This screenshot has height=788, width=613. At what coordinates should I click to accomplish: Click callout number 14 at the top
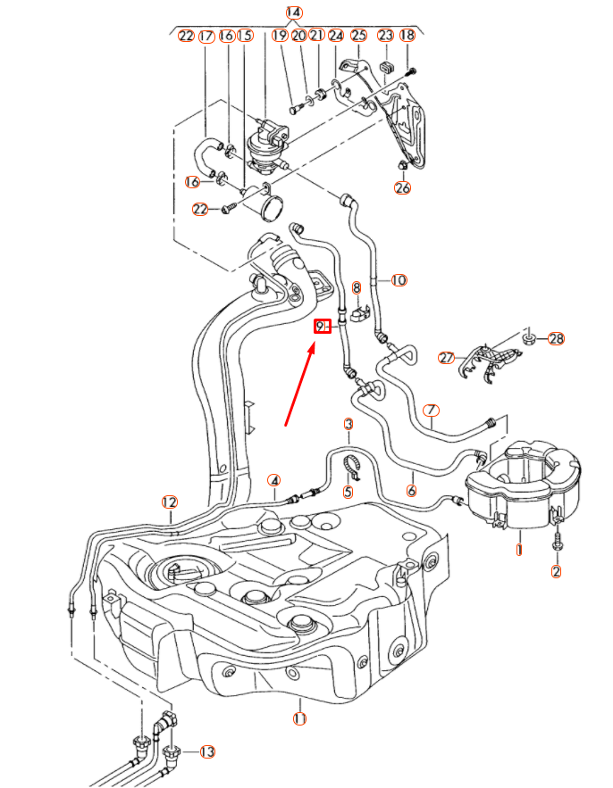coord(294,12)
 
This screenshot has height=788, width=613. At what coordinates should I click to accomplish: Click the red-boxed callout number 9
coord(322,327)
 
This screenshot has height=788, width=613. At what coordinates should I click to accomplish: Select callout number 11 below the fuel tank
coord(299,718)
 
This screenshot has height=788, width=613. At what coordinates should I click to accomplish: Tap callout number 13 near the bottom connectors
coord(207,751)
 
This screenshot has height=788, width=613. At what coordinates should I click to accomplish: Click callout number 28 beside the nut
coord(557,339)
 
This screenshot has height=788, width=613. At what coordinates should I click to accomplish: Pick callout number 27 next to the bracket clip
coord(447,358)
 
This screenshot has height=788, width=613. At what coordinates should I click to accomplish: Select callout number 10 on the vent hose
coord(398,280)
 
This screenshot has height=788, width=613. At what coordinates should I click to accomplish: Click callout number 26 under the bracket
coord(402,187)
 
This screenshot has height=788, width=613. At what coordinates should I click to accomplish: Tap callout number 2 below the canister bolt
coord(556,572)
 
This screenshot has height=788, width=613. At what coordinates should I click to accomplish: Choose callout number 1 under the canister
coord(518,550)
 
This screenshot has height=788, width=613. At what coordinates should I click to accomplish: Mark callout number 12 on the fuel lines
coord(170,502)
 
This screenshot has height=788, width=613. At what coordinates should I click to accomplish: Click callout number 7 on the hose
coord(431,411)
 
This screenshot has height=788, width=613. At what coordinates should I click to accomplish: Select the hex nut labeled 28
coord(527,337)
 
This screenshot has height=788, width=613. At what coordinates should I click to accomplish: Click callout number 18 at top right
coord(407,36)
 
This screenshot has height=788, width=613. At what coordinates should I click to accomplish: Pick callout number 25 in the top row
coord(358,36)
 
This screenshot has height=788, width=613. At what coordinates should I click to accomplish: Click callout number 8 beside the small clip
coord(356,287)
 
